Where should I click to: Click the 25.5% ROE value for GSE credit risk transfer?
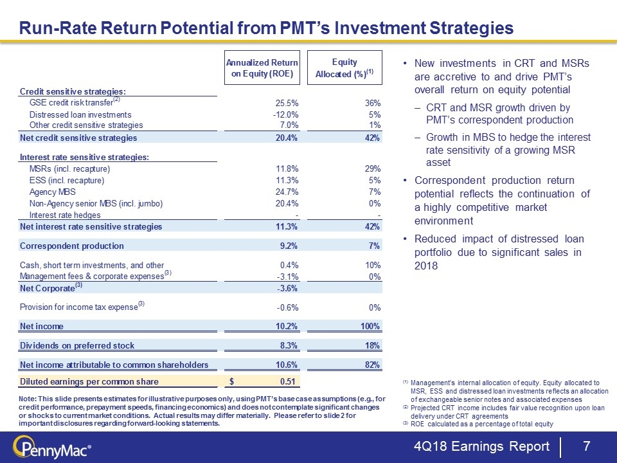pyautogui.click(x=285, y=103)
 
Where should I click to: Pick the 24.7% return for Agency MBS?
pyautogui.click(x=285, y=192)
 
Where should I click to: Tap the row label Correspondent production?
pyautogui.click(x=72, y=246)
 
